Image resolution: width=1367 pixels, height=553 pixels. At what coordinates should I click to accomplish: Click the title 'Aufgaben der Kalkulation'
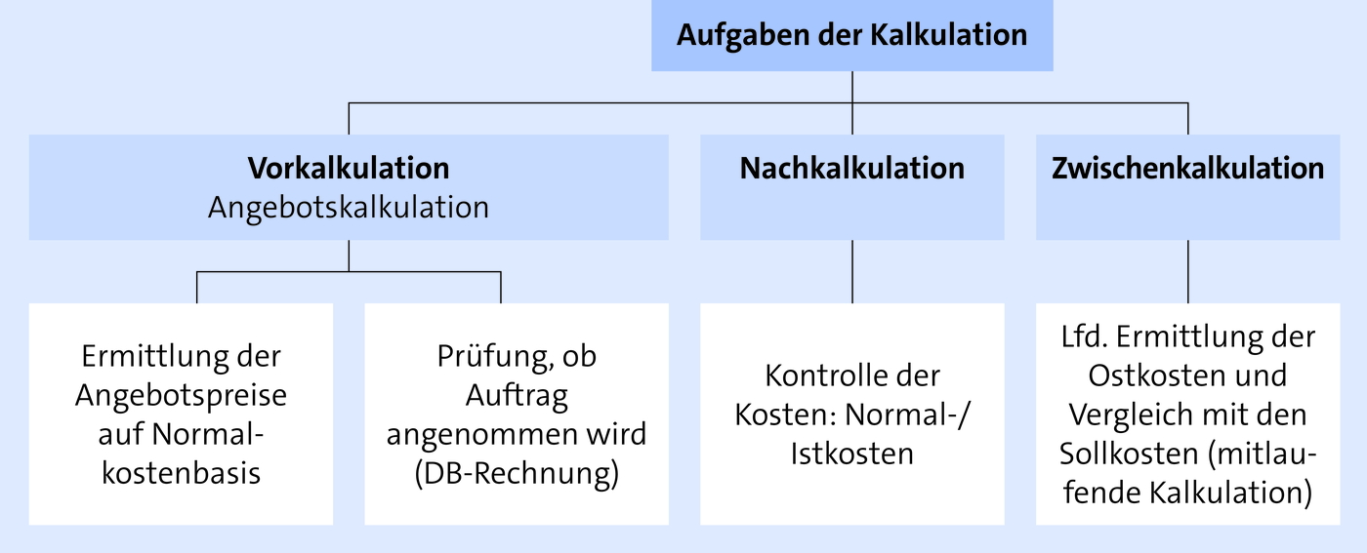pos(851,35)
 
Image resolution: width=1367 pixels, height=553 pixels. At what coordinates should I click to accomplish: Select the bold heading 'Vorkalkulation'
pos(349,169)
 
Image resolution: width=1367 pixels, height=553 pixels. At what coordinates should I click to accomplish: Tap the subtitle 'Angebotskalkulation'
pos(349,209)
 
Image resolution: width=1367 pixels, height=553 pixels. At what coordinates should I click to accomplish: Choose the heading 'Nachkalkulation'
pos(851,169)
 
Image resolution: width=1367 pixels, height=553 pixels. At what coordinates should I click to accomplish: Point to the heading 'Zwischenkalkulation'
pos(1187,169)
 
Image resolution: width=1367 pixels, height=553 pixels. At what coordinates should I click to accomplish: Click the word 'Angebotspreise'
pos(182,396)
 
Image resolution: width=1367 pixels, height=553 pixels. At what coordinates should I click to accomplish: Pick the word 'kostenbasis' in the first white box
pos(182,473)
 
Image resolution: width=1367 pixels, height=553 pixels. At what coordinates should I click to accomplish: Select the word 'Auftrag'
pos(517,396)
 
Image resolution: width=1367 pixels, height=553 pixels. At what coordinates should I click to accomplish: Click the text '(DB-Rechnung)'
pos(517,474)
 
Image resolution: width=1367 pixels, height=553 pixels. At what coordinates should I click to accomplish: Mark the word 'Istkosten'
pos(851,454)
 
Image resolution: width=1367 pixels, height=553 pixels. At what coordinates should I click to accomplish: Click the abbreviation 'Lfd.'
pos(1085,336)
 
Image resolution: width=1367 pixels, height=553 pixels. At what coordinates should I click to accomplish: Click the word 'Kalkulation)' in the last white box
pos(1230,494)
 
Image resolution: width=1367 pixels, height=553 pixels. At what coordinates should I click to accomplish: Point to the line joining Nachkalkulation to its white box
pos(851,271)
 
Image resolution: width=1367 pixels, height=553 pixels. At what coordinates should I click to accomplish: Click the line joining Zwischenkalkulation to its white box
pos(1187,271)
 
